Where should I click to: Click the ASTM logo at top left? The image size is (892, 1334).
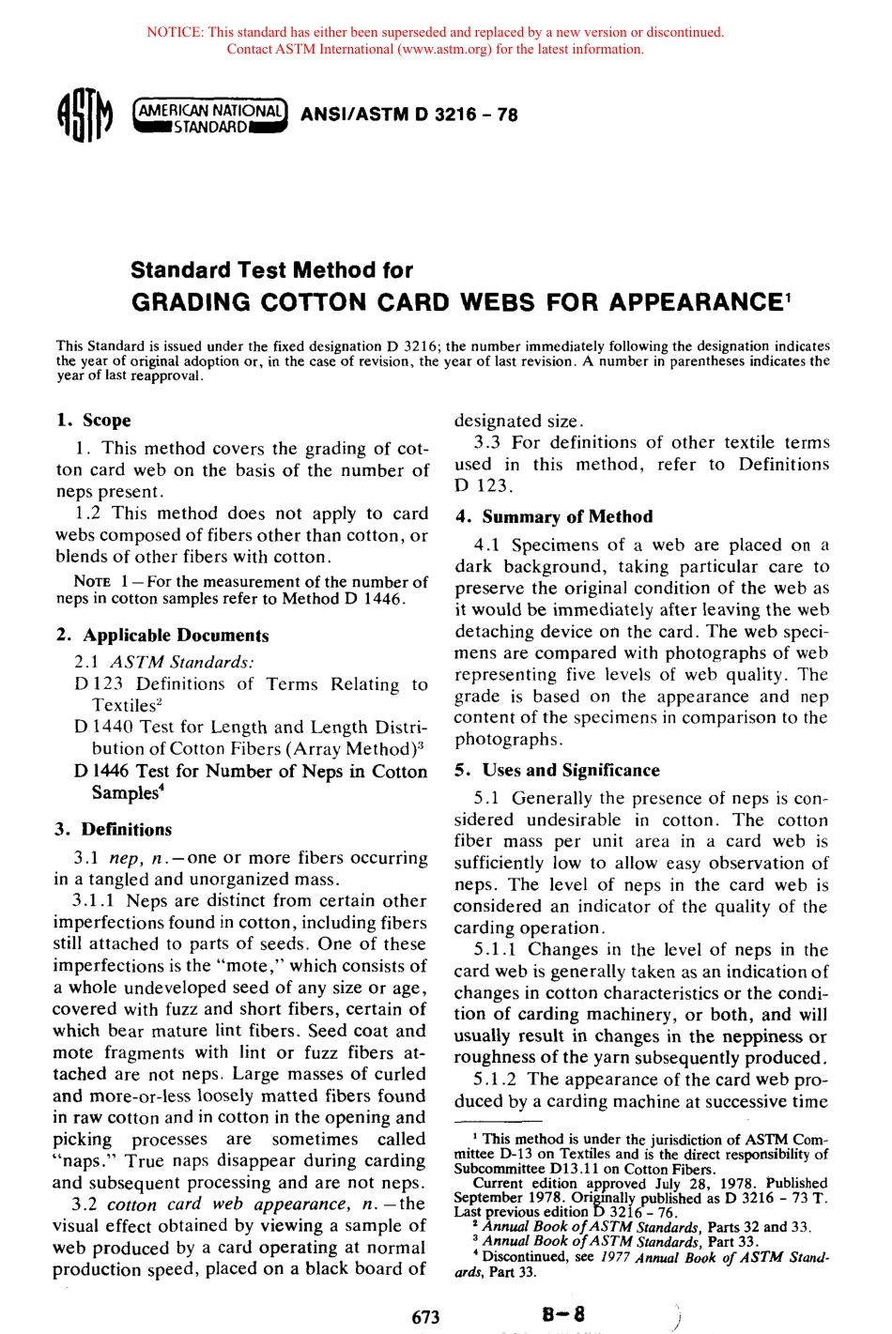coord(84,115)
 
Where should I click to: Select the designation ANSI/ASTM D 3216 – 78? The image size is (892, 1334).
coord(408,115)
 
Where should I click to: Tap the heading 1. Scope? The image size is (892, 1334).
coord(93,420)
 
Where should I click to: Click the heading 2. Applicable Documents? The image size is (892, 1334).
coord(161,635)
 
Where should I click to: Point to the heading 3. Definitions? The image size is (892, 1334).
coord(114,829)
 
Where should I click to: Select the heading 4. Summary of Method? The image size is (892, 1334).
coord(553,516)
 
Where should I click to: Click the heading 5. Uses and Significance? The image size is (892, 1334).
coord(557,770)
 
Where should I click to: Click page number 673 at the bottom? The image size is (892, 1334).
coord(425,1316)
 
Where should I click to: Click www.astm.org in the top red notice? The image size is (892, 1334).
coord(442,49)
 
